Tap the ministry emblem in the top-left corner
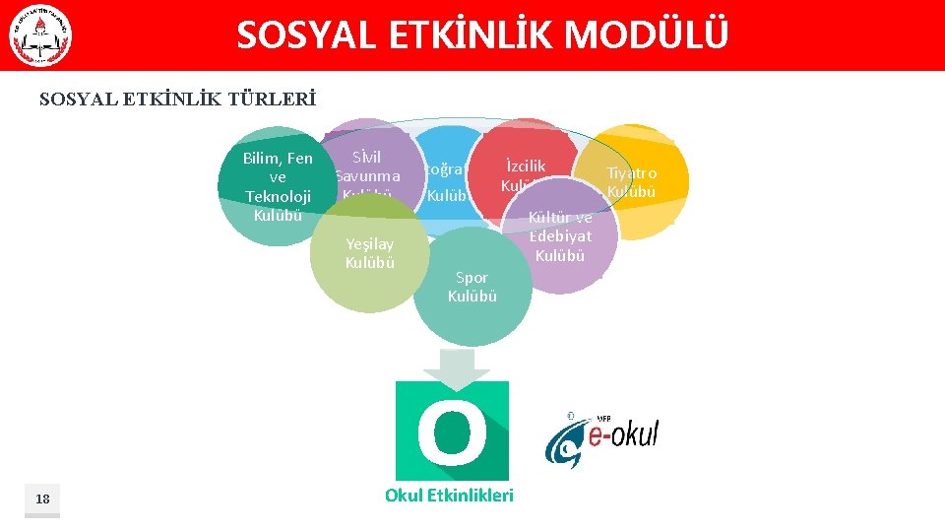(40, 36)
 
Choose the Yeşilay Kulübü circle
(369, 252)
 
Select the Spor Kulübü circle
(472, 287)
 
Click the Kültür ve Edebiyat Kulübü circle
(561, 236)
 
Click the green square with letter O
(452, 432)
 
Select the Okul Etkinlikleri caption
(449, 495)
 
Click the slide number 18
(42, 499)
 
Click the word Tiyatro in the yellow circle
(631, 173)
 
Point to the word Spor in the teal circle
(472, 278)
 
